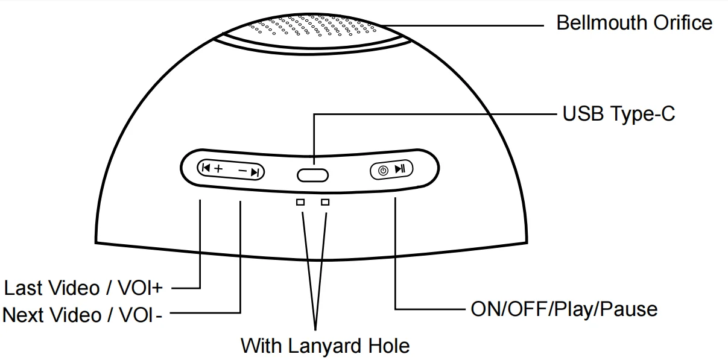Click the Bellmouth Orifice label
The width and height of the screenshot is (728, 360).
(634, 23)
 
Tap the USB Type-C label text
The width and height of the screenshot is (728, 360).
(619, 114)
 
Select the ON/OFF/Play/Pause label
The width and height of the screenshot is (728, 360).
(563, 309)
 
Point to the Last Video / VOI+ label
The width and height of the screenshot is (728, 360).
(83, 288)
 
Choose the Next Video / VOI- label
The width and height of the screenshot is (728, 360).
(83, 314)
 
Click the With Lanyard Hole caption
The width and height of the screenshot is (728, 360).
(325, 346)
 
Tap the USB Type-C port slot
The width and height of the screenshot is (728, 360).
(312, 175)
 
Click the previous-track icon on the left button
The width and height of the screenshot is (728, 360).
(206, 169)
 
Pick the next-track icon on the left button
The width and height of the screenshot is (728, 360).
(255, 172)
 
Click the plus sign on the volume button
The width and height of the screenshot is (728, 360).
(218, 169)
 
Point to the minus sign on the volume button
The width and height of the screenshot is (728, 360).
(242, 172)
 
